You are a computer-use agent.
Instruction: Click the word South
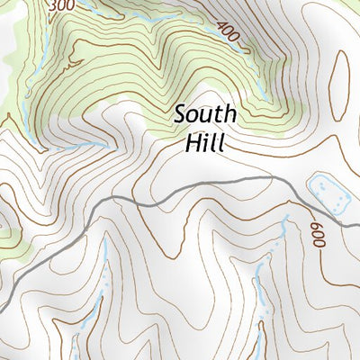click(205, 115)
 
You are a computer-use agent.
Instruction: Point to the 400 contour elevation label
click(229, 33)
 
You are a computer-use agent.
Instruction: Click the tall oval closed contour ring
click(341, 85)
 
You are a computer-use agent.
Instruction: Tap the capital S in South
click(181, 115)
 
